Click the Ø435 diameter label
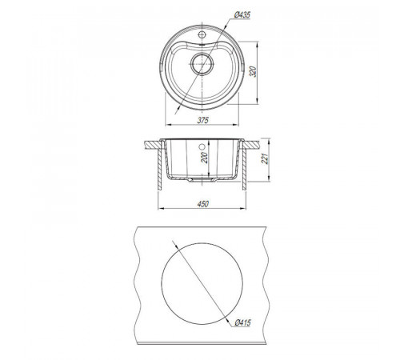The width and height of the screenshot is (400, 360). [x=242, y=15]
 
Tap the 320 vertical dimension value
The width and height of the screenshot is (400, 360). [x=253, y=71]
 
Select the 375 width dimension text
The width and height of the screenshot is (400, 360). [x=202, y=121]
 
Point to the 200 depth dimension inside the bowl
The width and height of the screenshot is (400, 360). [x=204, y=158]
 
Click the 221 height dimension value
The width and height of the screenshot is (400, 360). [x=265, y=159]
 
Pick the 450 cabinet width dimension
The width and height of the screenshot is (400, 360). [x=202, y=204]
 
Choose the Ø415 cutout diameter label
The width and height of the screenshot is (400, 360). [x=242, y=322]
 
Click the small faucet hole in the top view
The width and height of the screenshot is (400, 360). [x=202, y=34]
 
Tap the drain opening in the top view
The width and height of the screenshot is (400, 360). [x=202, y=64]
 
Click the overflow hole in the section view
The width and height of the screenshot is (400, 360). [x=202, y=146]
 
